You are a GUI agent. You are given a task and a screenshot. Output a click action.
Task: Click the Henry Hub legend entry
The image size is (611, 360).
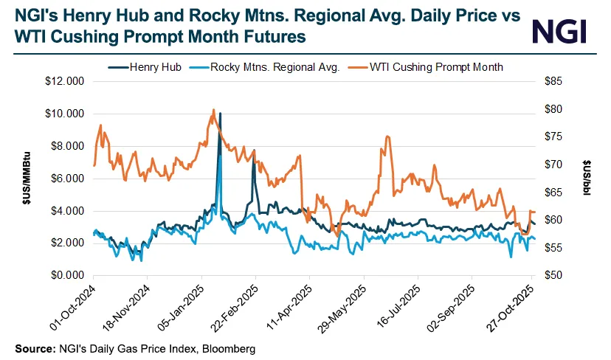pyautogui.click(x=153, y=66)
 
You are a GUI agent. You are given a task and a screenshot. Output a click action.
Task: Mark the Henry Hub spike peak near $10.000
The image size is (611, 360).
pyautogui.click(x=220, y=114)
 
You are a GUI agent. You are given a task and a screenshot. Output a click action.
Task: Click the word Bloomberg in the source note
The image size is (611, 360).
pyautogui.click(x=230, y=347)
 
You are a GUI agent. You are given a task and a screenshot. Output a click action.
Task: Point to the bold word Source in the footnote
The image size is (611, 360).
pyautogui.click(x=32, y=347)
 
